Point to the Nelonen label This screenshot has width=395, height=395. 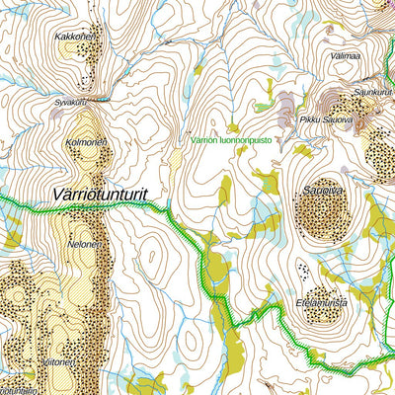pyautogui.click(x=85, y=243)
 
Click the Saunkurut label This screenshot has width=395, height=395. pyautogui.click(x=371, y=92)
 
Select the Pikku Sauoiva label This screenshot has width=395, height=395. pyautogui.click(x=325, y=119)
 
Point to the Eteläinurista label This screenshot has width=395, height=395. pyautogui.click(x=321, y=303)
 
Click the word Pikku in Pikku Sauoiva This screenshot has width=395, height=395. pyautogui.click(x=307, y=119)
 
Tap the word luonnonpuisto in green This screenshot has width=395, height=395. pyautogui.click(x=254, y=139)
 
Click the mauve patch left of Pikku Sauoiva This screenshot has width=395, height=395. pyautogui.click(x=286, y=104)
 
